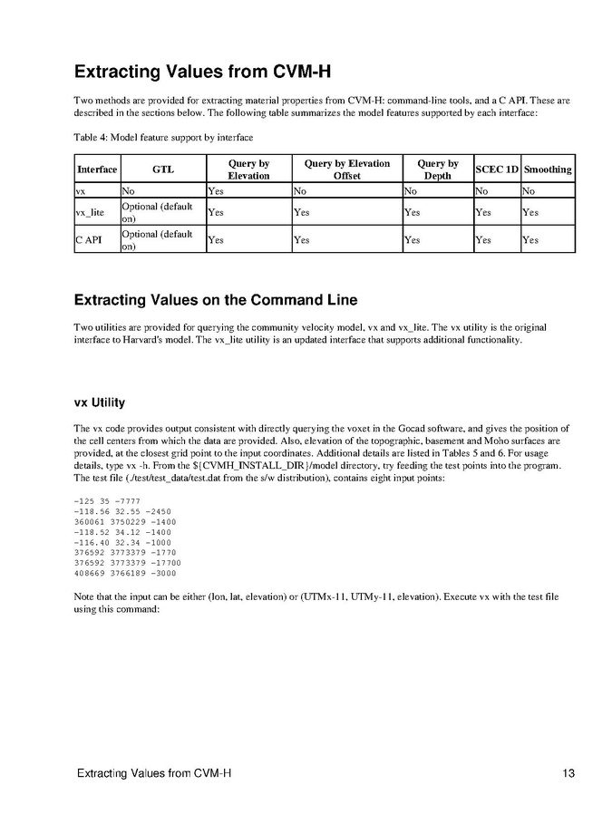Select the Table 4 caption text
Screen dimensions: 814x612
coord(163,137)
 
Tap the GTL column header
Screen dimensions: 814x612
coord(163,170)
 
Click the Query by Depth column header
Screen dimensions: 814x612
coord(437,170)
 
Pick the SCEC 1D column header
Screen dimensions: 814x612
coord(497,170)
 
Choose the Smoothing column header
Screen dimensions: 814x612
coord(548,170)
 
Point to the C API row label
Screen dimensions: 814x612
coord(92,239)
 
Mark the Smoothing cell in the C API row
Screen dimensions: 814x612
coord(530,239)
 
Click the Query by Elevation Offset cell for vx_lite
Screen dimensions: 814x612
coord(302,212)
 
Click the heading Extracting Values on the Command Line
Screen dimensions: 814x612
coord(216,300)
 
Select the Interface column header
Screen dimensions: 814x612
coord(97,170)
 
